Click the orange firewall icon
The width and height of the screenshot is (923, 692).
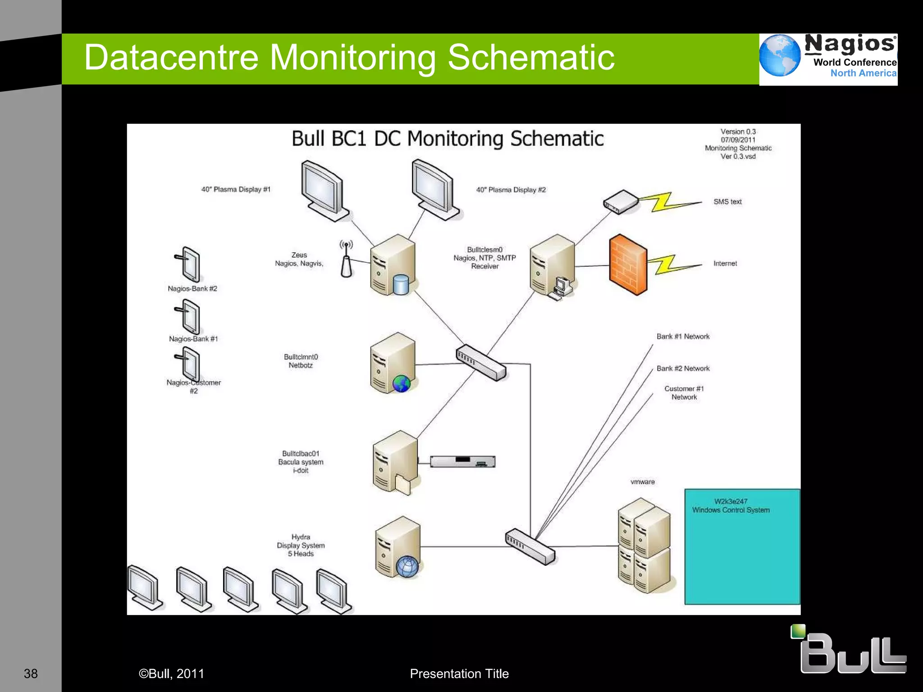point(628,264)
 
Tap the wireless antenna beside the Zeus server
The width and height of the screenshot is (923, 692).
point(346,260)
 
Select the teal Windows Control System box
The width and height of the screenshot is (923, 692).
point(742,546)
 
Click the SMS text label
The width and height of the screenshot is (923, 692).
point(727,202)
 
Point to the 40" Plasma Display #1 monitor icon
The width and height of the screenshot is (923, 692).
point(324,191)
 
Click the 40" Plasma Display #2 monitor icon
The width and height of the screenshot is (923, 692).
point(434,190)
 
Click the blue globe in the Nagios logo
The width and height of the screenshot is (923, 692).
point(780,55)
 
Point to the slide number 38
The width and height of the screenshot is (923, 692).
point(31,674)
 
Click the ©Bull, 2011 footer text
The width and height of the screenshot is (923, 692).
point(171,674)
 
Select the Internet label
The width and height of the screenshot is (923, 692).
point(725,264)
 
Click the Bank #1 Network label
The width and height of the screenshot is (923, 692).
point(683,337)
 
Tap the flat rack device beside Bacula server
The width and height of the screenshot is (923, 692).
point(462,461)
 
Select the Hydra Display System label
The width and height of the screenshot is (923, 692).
point(301,545)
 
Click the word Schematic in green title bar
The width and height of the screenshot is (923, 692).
point(531,58)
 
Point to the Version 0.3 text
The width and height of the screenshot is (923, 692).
point(738,132)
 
